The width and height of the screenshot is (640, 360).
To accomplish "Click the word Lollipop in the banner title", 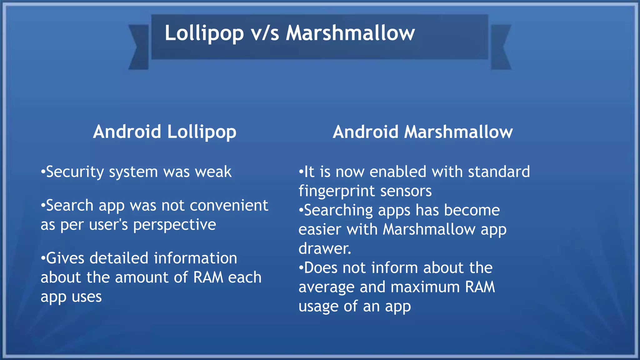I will coord(204,33).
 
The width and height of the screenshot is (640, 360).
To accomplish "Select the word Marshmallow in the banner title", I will coord(350,33).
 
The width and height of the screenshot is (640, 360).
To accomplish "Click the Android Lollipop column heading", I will coord(165,132).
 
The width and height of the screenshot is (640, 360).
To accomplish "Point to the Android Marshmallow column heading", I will coord(422,132).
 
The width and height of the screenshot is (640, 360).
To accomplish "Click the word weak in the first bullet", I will coord(213,172).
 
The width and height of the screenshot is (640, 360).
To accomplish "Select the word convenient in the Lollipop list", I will coord(229,206).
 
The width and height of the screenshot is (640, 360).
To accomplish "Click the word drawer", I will coord(325,249).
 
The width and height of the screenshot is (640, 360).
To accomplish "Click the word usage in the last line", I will coord(318,307).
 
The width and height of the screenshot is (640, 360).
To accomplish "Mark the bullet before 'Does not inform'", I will coord(301,268).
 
